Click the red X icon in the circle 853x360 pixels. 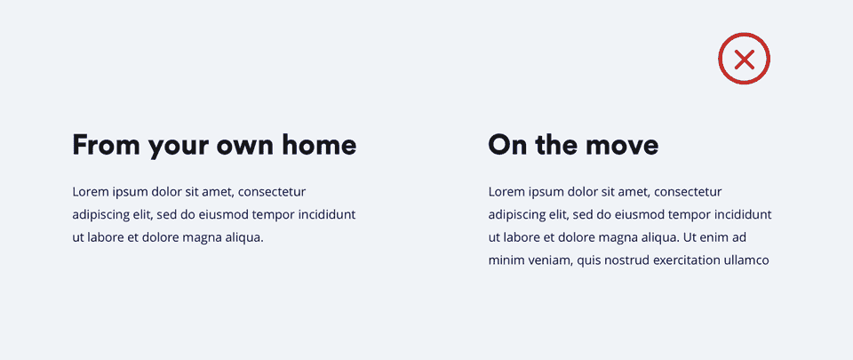pos(744,59)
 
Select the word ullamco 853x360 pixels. pos(747,260)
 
